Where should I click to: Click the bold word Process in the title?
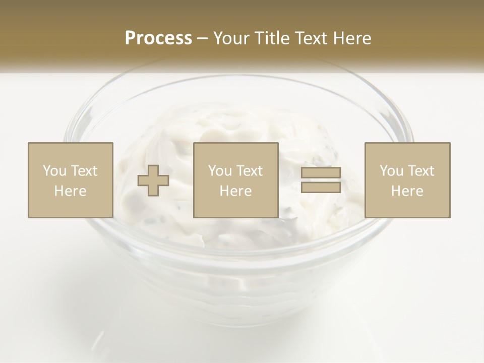pyautogui.click(x=158, y=38)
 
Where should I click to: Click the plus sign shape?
pyautogui.click(x=153, y=180)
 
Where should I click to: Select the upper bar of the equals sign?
pyautogui.click(x=321, y=173)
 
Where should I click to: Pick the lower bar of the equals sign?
pyautogui.click(x=321, y=188)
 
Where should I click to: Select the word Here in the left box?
pyautogui.click(x=70, y=191)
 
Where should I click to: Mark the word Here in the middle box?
pyautogui.click(x=235, y=191)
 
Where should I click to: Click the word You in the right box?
pyautogui.click(x=391, y=171)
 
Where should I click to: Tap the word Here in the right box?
pyautogui.click(x=407, y=191)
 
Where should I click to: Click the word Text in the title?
pyautogui.click(x=312, y=38)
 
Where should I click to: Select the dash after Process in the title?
pyautogui.click(x=203, y=39)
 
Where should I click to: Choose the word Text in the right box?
pyautogui.click(x=421, y=171)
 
